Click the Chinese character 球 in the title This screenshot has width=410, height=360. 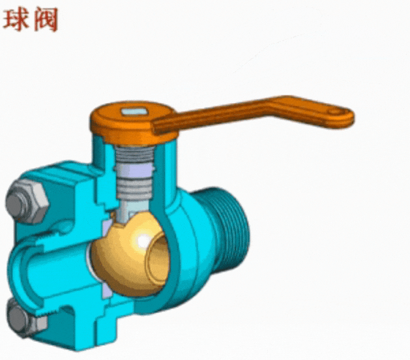coord(16,20)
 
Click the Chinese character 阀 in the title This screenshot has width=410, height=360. coord(46,20)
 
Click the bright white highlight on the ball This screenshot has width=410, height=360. coord(143,241)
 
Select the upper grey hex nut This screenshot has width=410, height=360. coord(27,201)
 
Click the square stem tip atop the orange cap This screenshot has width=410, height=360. coord(135,112)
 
